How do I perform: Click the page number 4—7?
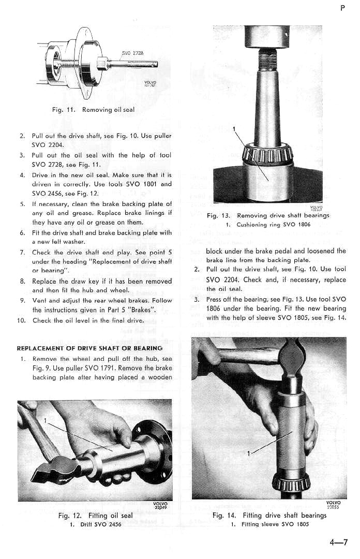338,542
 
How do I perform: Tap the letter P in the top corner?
342,9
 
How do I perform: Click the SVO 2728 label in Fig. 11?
132,53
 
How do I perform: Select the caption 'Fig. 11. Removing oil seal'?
93,110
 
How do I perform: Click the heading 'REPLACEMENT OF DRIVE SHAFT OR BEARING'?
89,348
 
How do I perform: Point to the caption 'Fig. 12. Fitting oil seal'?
95,516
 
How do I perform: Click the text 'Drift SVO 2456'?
95,524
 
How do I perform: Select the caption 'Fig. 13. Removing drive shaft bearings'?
267,215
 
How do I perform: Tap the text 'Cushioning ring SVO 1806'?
268,225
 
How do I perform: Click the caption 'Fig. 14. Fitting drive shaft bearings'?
269,516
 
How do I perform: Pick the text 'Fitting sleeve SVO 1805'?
269,524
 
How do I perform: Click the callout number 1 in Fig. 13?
234,129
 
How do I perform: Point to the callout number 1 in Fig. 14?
248,453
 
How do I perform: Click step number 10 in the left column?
21,320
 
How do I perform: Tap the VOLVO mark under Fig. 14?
333,503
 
